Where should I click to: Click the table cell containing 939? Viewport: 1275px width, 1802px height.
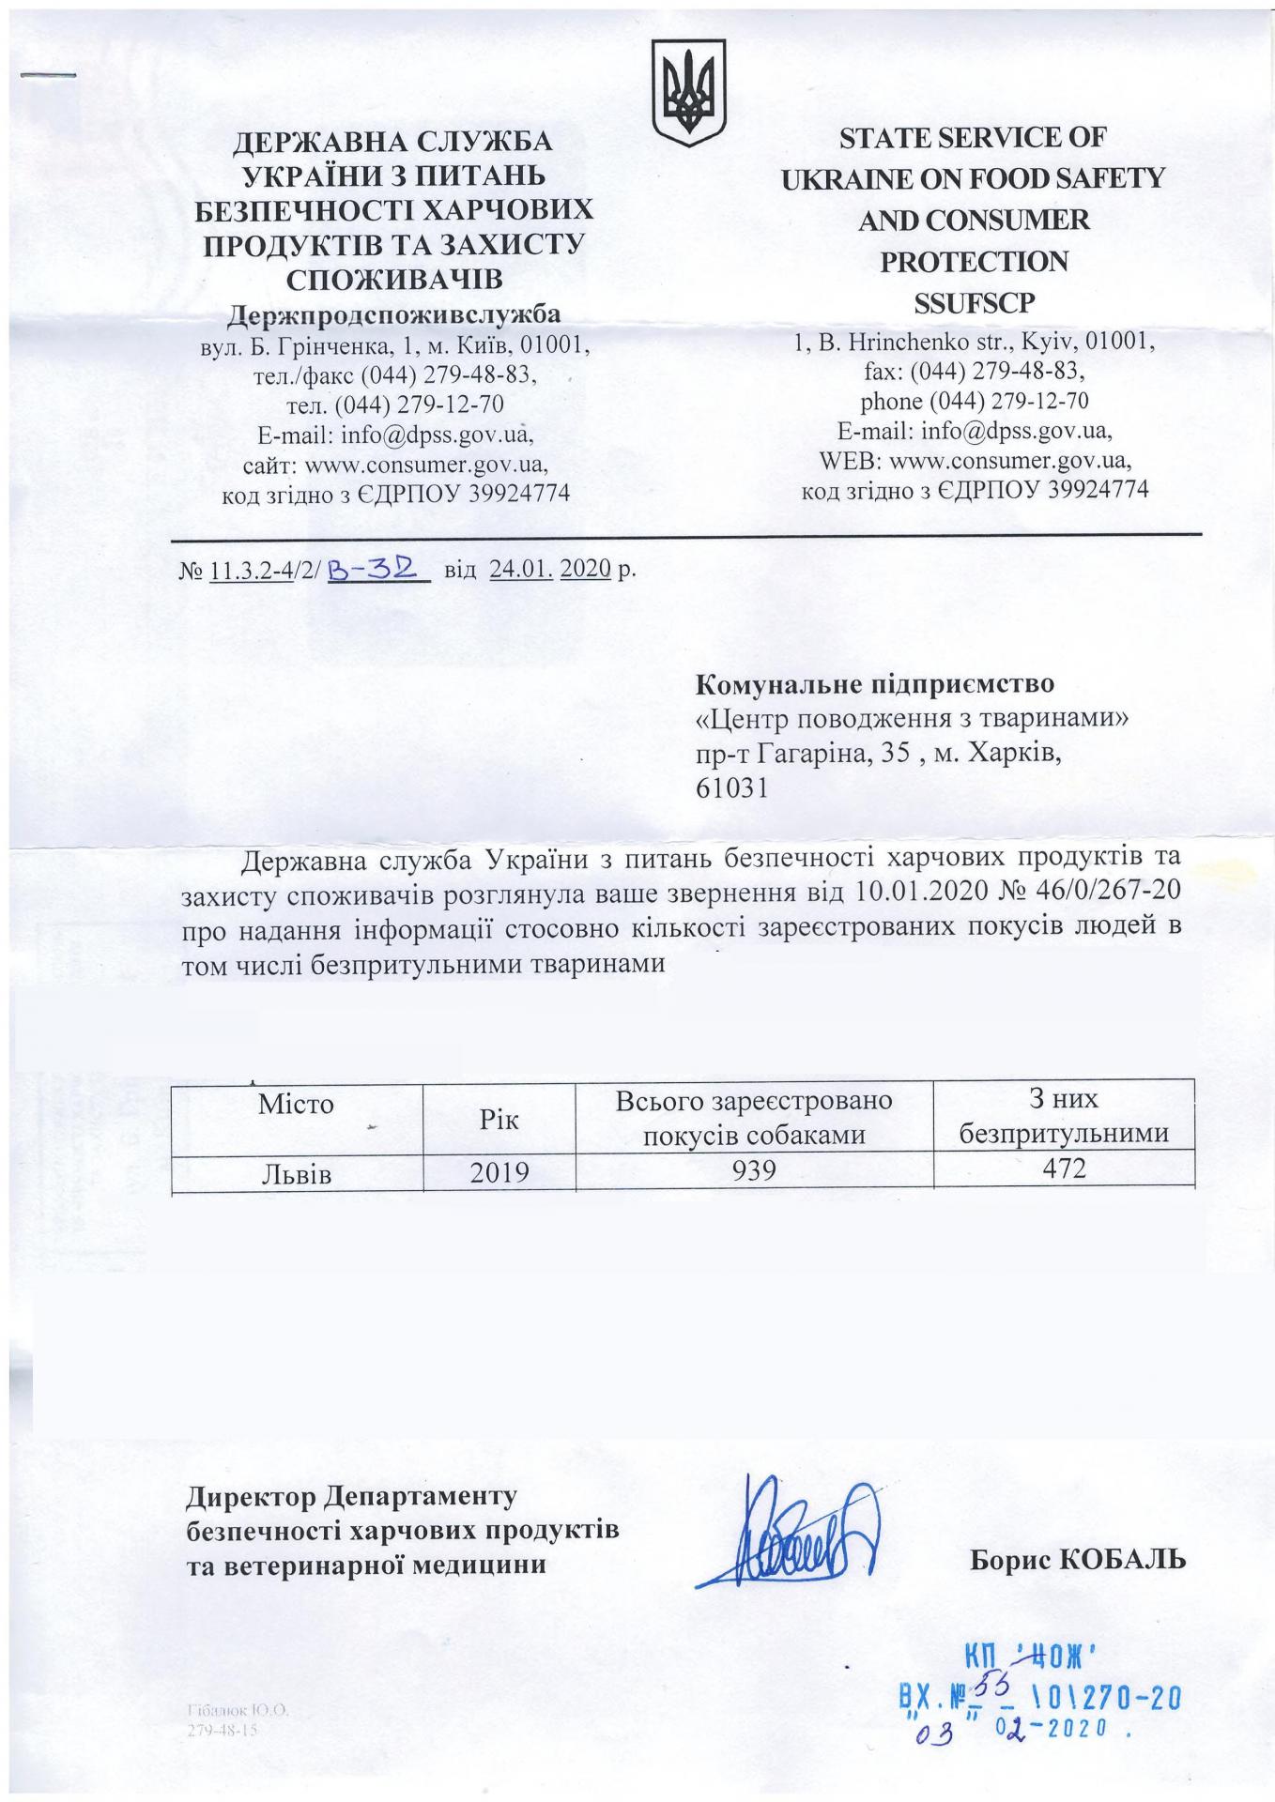coord(754,1170)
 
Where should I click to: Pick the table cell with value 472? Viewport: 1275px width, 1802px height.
coord(1063,1168)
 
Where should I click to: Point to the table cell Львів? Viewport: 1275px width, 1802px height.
coord(297,1173)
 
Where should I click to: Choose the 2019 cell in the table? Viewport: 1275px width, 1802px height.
coord(499,1172)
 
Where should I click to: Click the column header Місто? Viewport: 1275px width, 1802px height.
coord(297,1104)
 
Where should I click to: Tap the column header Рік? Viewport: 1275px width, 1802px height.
coord(499,1119)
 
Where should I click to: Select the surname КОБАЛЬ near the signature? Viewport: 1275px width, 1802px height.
coord(1122,1560)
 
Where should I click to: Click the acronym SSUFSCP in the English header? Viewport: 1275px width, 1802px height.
coord(974,303)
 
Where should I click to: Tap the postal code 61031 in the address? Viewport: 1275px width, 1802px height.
coord(731,788)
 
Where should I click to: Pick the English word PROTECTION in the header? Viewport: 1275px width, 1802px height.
coord(974,262)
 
